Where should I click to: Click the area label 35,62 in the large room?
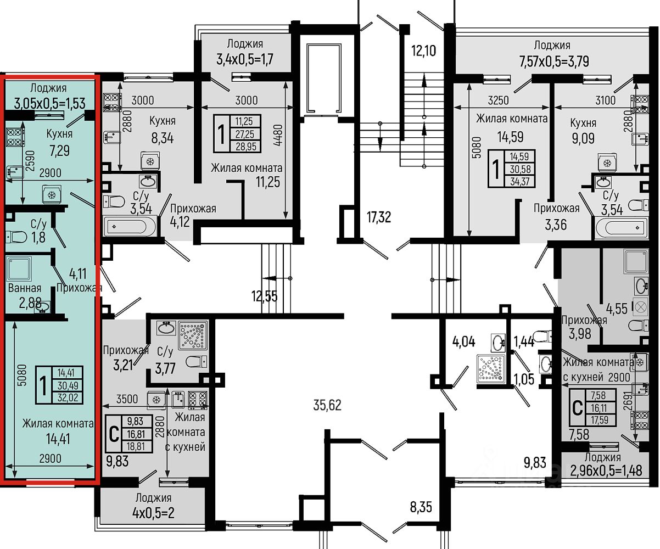[x=327, y=405]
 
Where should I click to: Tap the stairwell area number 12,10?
[x=423, y=51]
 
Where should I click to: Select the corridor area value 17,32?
[x=379, y=217]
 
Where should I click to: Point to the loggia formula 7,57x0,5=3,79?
[x=554, y=61]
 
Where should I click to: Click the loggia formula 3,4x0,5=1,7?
[x=245, y=59]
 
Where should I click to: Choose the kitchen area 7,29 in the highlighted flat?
[x=59, y=150]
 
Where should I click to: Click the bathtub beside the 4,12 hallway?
[x=130, y=226]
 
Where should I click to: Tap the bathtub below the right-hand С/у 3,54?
[x=621, y=227]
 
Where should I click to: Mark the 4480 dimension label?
[x=278, y=135]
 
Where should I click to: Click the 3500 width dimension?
[x=127, y=399]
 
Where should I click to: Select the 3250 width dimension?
[x=499, y=100]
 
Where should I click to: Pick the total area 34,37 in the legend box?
[x=520, y=181]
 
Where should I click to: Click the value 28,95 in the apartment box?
[x=245, y=147]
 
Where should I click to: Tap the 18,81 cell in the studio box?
[x=136, y=446]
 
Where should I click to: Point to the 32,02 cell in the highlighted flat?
[x=68, y=397]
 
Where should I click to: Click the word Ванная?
[x=25, y=288]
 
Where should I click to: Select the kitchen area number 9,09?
[x=583, y=138]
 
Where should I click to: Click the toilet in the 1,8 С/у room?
[x=16, y=237]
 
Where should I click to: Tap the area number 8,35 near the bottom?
[x=421, y=507]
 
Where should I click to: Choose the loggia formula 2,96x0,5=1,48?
[x=606, y=471]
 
